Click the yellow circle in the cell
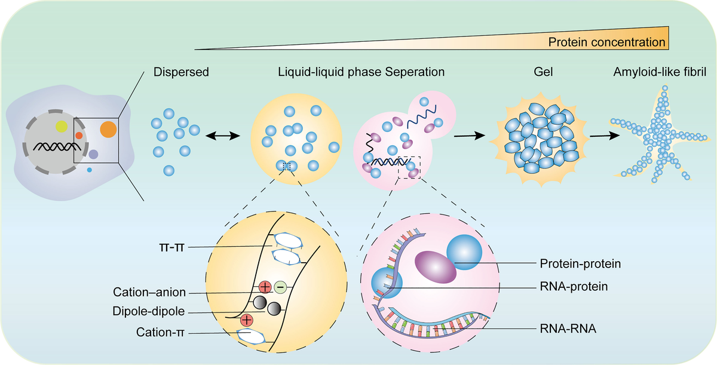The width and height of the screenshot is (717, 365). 62,126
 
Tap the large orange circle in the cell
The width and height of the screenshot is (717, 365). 108,128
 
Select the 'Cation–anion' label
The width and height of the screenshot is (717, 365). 150,292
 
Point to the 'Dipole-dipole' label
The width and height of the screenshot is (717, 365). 150,311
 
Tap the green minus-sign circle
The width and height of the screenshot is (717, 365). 280,287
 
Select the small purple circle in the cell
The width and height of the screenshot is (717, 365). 93,154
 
